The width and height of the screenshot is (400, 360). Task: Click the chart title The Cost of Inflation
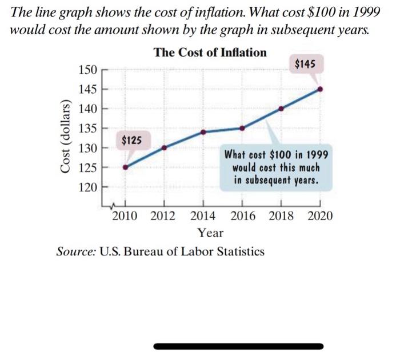click(x=210, y=53)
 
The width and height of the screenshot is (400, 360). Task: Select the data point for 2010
click(x=126, y=167)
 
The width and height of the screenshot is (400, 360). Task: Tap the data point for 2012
click(x=165, y=147)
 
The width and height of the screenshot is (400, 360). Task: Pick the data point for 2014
click(x=203, y=132)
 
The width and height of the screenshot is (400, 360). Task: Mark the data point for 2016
click(x=242, y=128)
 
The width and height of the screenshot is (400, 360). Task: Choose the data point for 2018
click(x=281, y=109)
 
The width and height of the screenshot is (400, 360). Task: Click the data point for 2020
click(x=320, y=89)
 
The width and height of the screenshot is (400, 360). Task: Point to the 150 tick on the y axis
click(x=87, y=70)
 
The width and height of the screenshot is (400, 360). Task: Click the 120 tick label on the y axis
click(x=87, y=187)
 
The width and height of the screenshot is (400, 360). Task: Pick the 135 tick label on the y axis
click(x=87, y=128)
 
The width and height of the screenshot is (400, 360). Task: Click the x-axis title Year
click(x=210, y=233)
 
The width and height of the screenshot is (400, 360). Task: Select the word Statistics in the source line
click(x=237, y=251)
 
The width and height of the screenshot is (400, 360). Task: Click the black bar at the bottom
click(x=239, y=346)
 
